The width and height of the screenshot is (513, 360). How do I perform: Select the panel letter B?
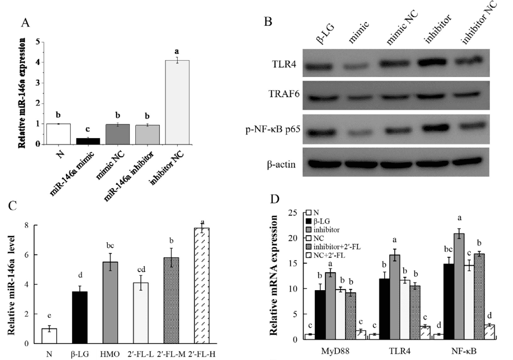coord(268,21)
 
